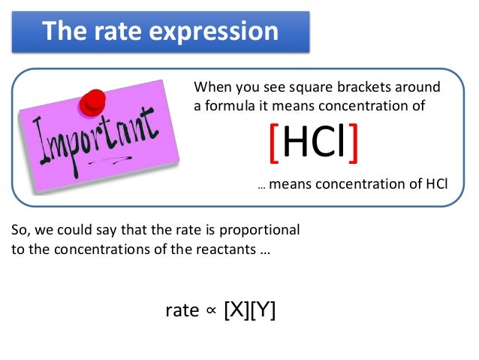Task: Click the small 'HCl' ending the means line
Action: point(435,182)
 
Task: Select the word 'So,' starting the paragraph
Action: point(22,229)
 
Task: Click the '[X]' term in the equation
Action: point(237,310)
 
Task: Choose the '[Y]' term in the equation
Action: point(264,310)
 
